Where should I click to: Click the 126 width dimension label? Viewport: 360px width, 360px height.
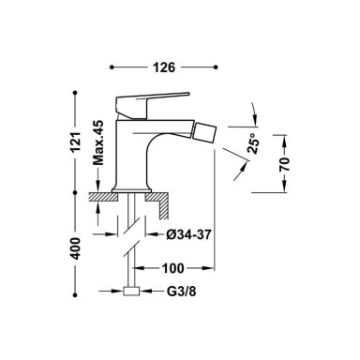click(x=164, y=67)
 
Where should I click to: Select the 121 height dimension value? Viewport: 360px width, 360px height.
click(x=75, y=142)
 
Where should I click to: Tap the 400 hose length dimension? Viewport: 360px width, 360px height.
click(x=75, y=248)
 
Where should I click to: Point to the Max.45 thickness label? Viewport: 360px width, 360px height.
click(x=98, y=142)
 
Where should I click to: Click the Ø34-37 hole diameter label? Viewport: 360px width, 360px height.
click(x=188, y=234)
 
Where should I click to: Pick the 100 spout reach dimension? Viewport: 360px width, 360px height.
click(x=173, y=268)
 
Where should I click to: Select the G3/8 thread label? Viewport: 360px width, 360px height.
click(x=182, y=292)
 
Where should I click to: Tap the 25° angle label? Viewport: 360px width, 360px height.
click(x=253, y=143)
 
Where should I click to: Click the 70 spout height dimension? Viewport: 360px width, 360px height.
click(x=285, y=164)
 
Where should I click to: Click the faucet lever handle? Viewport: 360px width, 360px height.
click(x=147, y=104)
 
